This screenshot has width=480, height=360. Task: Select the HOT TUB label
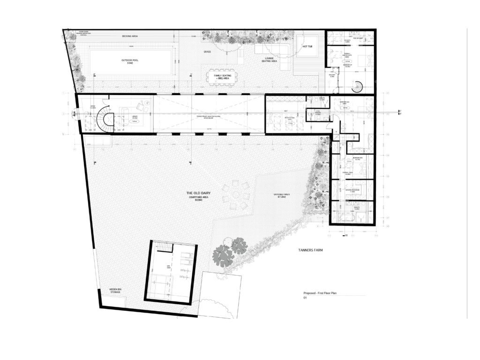pos(307,46)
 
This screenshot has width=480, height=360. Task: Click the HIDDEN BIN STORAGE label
pos(115,291)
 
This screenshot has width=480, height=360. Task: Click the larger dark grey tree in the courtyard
pos(223,256)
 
